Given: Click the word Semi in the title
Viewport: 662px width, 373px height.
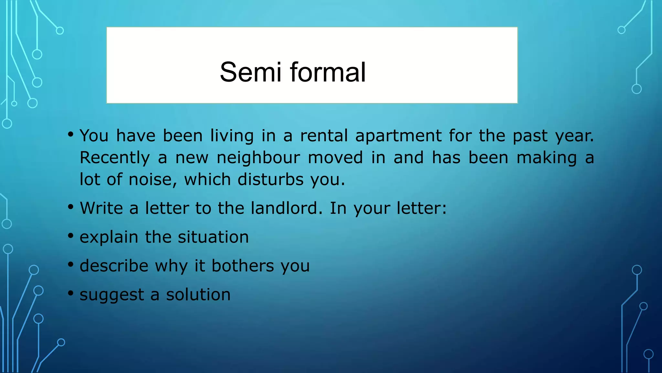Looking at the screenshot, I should [x=250, y=72].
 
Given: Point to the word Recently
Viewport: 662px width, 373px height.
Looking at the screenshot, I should [x=115, y=158].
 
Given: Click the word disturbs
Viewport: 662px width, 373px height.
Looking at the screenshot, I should [x=271, y=180].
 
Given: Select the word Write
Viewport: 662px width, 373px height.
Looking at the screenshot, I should [x=101, y=208].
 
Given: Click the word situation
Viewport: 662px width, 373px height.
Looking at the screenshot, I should [x=213, y=237].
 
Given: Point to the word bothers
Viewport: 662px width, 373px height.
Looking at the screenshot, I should [x=243, y=266].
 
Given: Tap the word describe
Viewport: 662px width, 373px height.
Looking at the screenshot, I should [x=114, y=266].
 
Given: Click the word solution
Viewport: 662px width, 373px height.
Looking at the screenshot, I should [x=198, y=295].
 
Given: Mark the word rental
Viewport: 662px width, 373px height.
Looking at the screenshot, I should [x=324, y=136].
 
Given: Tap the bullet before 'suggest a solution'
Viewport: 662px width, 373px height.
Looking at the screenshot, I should [x=71, y=293].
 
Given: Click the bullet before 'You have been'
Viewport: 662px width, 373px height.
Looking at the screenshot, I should [x=71, y=134].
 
